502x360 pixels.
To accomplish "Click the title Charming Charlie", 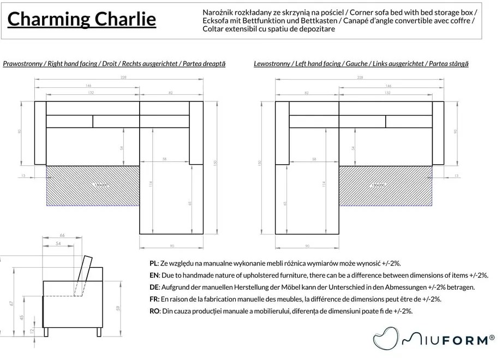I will point(81,20).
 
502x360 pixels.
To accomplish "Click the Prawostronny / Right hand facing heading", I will point(113,64).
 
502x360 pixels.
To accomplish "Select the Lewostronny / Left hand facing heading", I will point(361,64).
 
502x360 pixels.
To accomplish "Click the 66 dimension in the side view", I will point(62,235).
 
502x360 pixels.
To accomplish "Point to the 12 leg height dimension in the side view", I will point(32,331).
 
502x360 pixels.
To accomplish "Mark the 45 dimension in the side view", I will point(21,317).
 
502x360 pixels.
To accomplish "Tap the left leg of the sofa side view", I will point(48,332).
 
